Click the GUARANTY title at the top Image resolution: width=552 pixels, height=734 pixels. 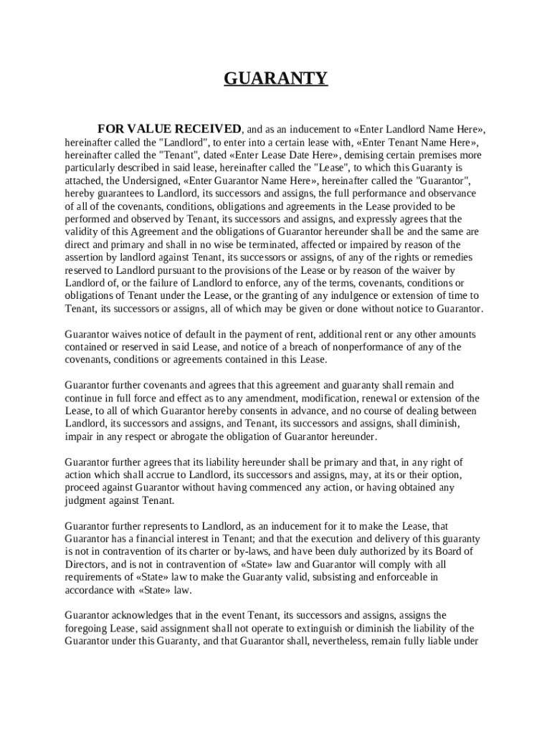click(276, 78)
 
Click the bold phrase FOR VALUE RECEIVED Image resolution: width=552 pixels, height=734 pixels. click(169, 129)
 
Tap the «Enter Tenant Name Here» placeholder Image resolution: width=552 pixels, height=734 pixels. click(411, 142)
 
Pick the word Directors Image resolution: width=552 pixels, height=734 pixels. click(86, 564)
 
